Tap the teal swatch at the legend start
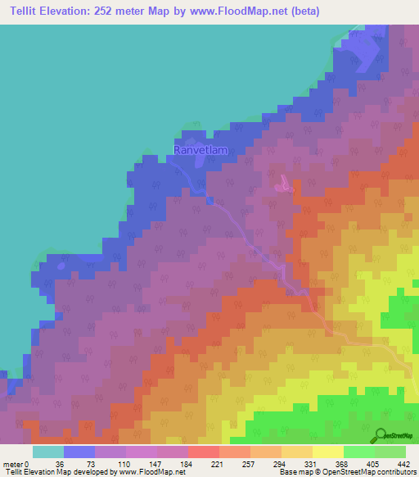click(x=48, y=452)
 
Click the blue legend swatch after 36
click(x=79, y=452)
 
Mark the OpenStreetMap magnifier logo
click(x=380, y=434)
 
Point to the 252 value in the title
click(x=101, y=11)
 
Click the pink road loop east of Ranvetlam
click(x=283, y=188)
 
